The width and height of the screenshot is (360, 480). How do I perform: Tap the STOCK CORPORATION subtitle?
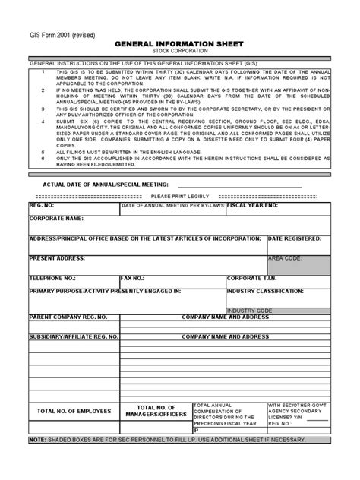pos(180,52)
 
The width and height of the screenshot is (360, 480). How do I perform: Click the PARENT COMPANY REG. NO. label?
pos(68,317)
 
